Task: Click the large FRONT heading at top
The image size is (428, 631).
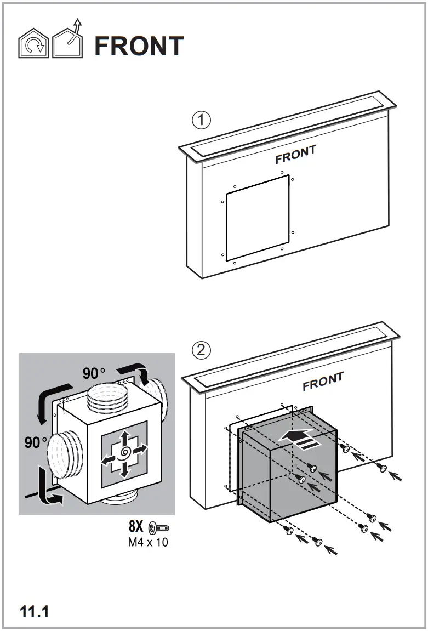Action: [x=139, y=47]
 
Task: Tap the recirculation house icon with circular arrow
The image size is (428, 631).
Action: [x=33, y=45]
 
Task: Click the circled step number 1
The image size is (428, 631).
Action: [x=202, y=120]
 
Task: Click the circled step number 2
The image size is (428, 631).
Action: [x=202, y=349]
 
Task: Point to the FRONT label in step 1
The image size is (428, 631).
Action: [x=295, y=155]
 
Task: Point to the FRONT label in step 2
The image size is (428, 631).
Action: [x=323, y=382]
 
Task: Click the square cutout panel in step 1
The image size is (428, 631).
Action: [x=257, y=218]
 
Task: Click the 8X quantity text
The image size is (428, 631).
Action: [x=136, y=527]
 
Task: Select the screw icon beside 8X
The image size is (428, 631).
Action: [x=159, y=528]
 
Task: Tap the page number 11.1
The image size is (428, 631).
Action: [x=35, y=611]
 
